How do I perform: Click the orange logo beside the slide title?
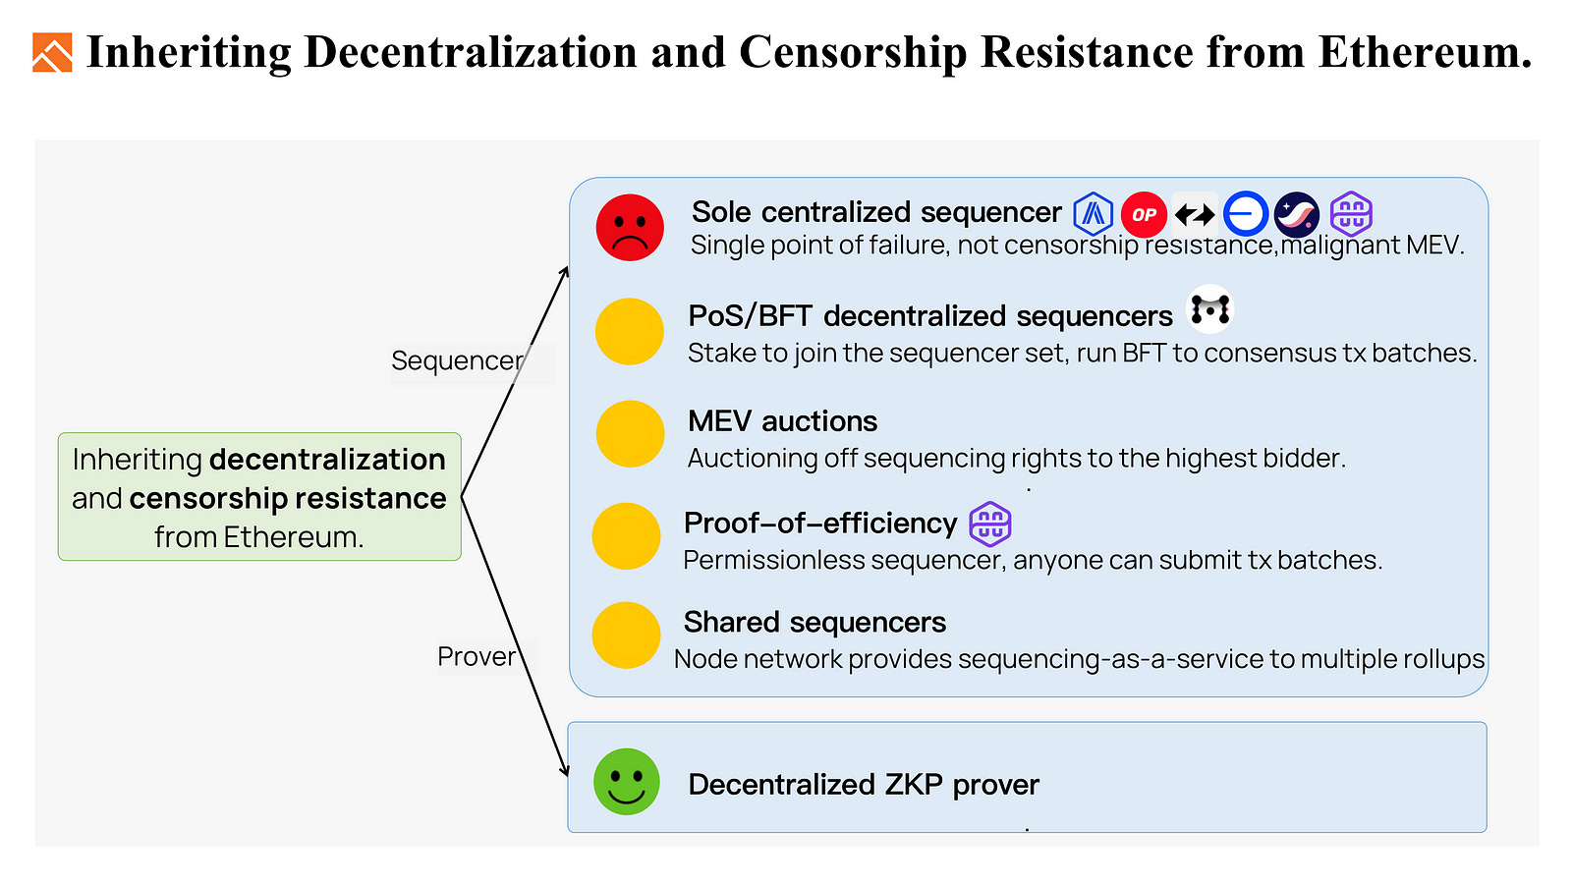point(52,53)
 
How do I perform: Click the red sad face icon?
point(630,228)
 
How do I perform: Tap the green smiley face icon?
point(626,782)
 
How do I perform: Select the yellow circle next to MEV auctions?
point(630,434)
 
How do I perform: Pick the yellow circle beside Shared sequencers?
point(626,635)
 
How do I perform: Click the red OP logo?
point(1144,214)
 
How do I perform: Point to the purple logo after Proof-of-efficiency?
point(990,524)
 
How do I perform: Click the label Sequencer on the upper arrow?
point(457,360)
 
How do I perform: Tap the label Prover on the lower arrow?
point(477,656)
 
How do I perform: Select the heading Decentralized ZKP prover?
point(864,784)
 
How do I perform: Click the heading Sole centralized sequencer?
point(876,212)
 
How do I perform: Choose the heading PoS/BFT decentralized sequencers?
point(930,316)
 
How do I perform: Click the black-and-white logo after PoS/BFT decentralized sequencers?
point(1209,309)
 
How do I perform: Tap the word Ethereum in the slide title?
point(1425,53)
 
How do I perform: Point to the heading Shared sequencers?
point(814,622)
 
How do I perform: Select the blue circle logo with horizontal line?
point(1246,213)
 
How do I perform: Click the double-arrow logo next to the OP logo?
point(1195,214)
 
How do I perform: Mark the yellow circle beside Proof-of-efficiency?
point(626,536)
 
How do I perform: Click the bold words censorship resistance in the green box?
point(288,498)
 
